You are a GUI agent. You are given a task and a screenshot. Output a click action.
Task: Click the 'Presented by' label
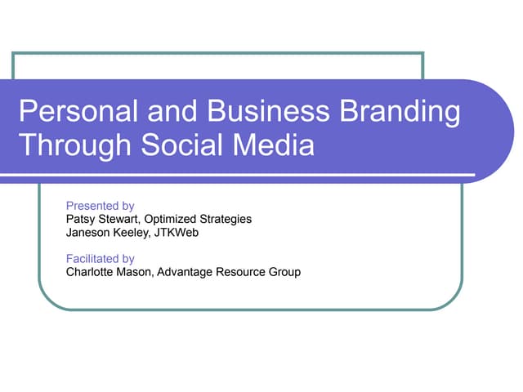point(100,206)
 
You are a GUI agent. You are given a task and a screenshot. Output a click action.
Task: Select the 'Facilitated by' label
point(100,259)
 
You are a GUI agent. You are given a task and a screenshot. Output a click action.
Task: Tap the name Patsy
point(80,219)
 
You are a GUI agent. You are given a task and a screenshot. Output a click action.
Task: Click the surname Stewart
point(119,219)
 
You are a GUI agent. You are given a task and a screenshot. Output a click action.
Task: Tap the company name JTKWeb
point(181,232)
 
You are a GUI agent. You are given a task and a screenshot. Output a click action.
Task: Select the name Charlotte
point(90,272)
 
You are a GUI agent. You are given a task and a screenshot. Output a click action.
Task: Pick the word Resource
point(243,272)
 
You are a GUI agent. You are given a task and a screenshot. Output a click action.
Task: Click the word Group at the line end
point(285,272)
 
